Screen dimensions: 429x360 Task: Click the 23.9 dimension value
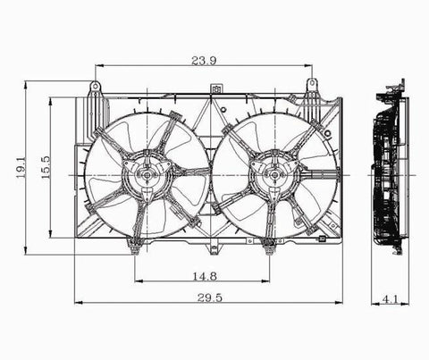(204, 61)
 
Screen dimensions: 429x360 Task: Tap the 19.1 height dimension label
(21, 168)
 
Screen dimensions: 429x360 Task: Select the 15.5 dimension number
(46, 168)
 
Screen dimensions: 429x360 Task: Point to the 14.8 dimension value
(205, 277)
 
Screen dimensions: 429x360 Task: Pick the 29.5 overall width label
(210, 297)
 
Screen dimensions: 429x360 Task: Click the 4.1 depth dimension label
(390, 299)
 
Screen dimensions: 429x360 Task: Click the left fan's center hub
(147, 175)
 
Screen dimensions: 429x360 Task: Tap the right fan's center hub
(274, 175)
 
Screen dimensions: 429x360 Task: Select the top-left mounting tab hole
(95, 87)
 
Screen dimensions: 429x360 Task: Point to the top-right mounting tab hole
(312, 84)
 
